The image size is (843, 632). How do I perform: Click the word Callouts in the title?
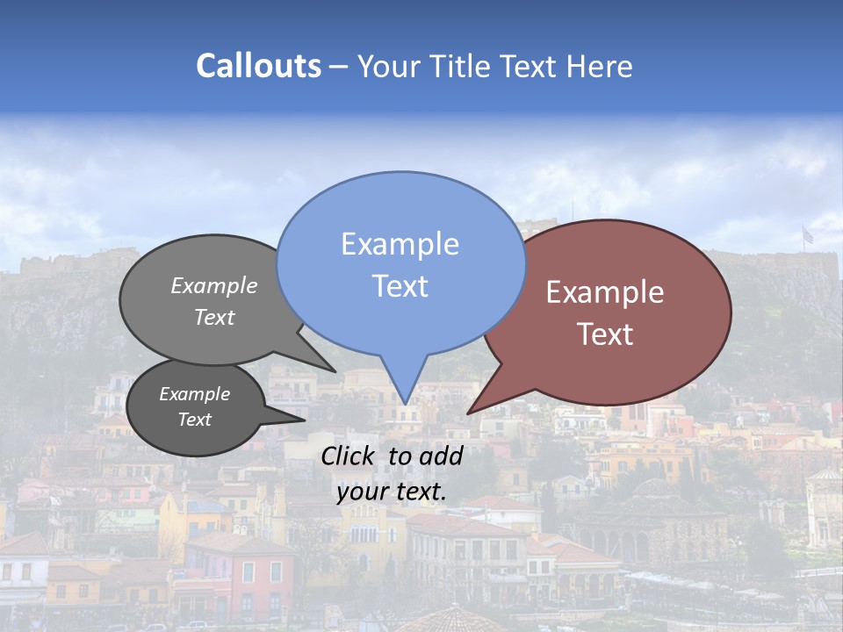pos(258,66)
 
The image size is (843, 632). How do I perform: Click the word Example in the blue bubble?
pos(400,244)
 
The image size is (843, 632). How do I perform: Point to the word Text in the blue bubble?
pos(400,286)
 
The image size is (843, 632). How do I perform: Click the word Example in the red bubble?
pos(605,292)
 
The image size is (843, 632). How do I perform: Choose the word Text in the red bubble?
pos(605,334)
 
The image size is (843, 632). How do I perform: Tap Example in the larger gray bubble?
pos(213,285)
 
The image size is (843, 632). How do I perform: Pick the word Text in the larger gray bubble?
pos(213,317)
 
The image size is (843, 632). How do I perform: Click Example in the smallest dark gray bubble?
pos(194,394)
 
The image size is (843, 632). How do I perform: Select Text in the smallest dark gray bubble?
pos(194,420)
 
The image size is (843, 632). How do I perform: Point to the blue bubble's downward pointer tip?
pos(404,404)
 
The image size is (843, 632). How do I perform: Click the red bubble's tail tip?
pos(468,413)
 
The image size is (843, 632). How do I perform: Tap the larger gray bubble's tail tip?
pos(335,371)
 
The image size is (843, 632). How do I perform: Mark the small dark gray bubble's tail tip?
pos(304,420)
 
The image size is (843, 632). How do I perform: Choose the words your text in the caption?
pos(392,492)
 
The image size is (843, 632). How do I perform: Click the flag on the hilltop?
pos(807,235)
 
